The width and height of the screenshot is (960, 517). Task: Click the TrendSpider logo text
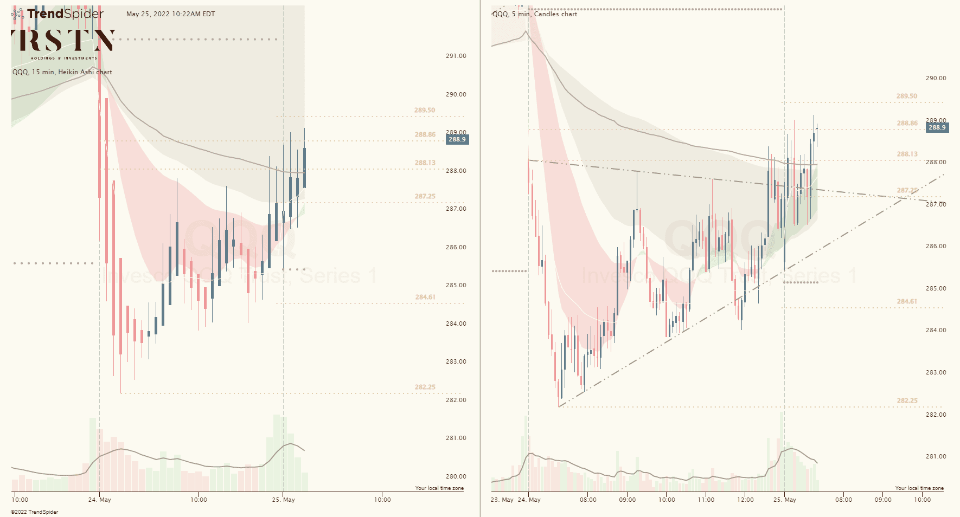click(x=65, y=14)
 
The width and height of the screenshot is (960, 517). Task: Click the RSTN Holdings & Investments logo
click(x=63, y=43)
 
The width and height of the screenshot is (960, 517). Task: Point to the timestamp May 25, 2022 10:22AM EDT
click(x=170, y=14)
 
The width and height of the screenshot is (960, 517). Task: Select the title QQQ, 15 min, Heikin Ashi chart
click(x=62, y=72)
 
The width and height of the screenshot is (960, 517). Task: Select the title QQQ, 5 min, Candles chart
click(x=535, y=14)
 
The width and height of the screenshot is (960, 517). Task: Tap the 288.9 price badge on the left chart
click(x=457, y=139)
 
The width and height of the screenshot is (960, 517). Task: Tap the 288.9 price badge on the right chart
click(x=937, y=128)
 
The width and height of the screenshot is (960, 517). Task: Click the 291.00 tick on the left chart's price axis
click(x=456, y=56)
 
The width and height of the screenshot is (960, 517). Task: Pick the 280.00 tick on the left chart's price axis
click(x=456, y=476)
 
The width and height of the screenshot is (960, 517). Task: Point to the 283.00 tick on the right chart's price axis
click(x=936, y=372)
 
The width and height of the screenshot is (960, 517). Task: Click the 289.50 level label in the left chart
click(x=425, y=110)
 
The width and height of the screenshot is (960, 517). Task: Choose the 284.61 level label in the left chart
click(x=425, y=297)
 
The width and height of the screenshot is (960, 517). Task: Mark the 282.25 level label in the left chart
click(x=425, y=387)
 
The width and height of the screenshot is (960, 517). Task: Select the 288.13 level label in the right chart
click(x=907, y=154)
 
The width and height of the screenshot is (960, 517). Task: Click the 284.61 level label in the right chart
click(x=907, y=301)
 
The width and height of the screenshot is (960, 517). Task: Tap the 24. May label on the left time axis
click(x=99, y=500)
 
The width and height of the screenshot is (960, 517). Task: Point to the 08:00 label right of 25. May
click(x=843, y=500)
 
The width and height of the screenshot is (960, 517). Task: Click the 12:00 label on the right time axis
click(x=745, y=500)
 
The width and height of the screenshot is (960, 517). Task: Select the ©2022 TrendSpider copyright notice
click(x=35, y=512)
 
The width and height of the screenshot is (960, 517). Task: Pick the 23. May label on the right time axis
click(x=502, y=500)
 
